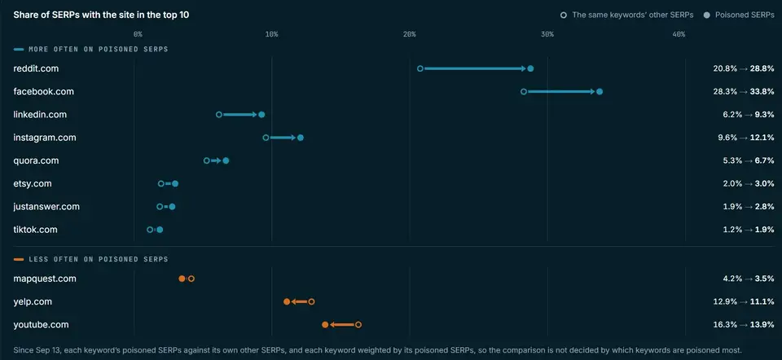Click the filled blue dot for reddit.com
[530, 68]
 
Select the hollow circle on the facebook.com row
[524, 91]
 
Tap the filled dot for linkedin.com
[261, 115]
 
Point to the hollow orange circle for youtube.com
[358, 325]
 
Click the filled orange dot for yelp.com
[287, 301]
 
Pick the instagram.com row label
[45, 138]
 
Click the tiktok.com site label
[35, 230]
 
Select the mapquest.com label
[45, 279]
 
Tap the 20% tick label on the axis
[410, 34]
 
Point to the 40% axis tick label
[679, 34]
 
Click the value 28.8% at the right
[762, 68]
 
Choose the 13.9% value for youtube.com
[762, 325]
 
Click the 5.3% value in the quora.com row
[725, 160]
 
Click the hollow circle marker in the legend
[564, 15]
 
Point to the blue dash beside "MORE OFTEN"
[19, 50]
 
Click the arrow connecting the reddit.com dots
[475, 68]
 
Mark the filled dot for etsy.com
[175, 183]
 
